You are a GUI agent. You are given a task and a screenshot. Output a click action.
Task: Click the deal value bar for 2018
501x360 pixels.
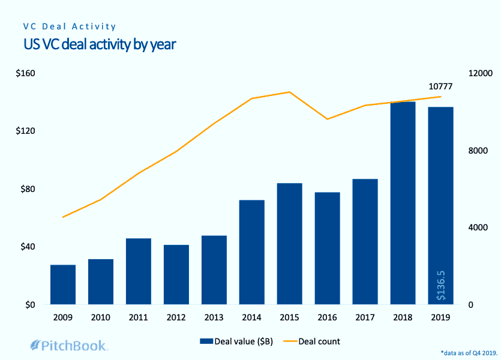[x=403, y=203]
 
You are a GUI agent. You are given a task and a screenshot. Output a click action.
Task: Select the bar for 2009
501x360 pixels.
[x=63, y=284]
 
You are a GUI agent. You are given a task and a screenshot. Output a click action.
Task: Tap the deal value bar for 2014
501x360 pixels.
[x=252, y=252]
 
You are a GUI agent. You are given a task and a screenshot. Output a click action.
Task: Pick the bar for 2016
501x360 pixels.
[x=328, y=248]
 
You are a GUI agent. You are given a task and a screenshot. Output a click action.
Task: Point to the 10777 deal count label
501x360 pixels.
[x=440, y=86]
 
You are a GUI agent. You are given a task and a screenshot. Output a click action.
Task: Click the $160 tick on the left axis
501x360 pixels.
[x=26, y=74]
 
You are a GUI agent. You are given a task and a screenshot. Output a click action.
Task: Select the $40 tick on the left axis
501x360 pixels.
[x=26, y=247]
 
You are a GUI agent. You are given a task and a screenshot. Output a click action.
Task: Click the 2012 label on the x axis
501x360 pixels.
[x=176, y=317]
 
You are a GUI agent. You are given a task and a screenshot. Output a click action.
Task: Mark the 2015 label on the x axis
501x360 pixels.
[x=289, y=317]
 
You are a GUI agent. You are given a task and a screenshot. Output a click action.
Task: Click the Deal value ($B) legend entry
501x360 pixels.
[x=238, y=341]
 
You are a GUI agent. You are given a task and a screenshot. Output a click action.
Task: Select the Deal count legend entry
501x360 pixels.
[x=311, y=341]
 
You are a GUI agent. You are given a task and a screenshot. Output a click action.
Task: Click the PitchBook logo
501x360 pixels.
[x=69, y=345]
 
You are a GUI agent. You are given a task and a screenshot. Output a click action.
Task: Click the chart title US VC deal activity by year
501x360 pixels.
[x=100, y=44]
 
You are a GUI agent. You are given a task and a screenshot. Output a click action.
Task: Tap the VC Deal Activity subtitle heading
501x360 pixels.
[x=70, y=27]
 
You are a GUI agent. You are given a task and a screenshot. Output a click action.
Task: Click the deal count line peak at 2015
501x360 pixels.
[x=290, y=92]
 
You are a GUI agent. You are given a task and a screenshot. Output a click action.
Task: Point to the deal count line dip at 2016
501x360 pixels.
[x=328, y=119]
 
